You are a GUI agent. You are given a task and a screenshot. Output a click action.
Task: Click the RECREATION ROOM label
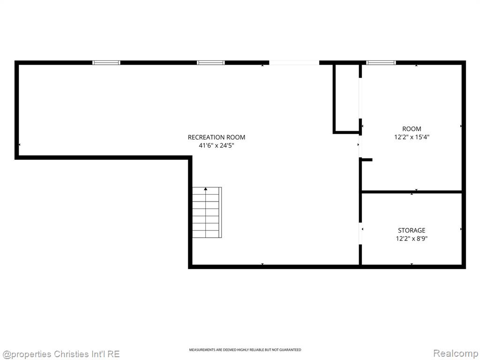pyautogui.click(x=217, y=137)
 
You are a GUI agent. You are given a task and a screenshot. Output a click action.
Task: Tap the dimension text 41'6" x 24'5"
pyautogui.click(x=217, y=145)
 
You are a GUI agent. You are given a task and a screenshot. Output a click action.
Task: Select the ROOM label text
pyautogui.click(x=412, y=129)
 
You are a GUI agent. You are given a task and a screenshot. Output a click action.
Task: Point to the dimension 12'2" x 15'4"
pyautogui.click(x=412, y=137)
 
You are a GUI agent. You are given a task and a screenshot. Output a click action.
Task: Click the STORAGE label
pyautogui.click(x=412, y=230)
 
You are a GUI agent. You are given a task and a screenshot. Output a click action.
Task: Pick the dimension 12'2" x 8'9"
pyautogui.click(x=412, y=239)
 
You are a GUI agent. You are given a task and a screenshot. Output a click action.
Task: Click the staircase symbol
pyautogui.click(x=207, y=212)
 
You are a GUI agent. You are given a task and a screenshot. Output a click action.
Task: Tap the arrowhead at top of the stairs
pyautogui.click(x=206, y=189)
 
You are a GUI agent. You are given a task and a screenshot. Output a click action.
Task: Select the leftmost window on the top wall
pyautogui.click(x=106, y=63)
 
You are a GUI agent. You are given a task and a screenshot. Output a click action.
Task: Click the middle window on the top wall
pyautogui.click(x=210, y=63)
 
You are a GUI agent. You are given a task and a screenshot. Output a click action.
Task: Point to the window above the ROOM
pyautogui.click(x=381, y=63)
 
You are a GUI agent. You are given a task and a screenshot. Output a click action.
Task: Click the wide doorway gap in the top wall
pyautogui.click(x=294, y=63)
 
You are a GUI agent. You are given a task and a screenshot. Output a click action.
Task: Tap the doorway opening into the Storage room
pyautogui.click(x=360, y=233)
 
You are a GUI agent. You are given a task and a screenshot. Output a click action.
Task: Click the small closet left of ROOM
pyautogui.click(x=346, y=98)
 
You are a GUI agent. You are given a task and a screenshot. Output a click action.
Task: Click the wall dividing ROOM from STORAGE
pyautogui.click(x=412, y=192)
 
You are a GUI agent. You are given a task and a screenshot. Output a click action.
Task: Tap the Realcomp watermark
pyautogui.click(x=455, y=353)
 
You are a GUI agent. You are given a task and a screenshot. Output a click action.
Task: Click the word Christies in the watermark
pyautogui.click(x=70, y=354)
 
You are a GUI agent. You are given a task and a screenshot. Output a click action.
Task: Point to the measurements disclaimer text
pyautogui.click(x=245, y=350)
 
